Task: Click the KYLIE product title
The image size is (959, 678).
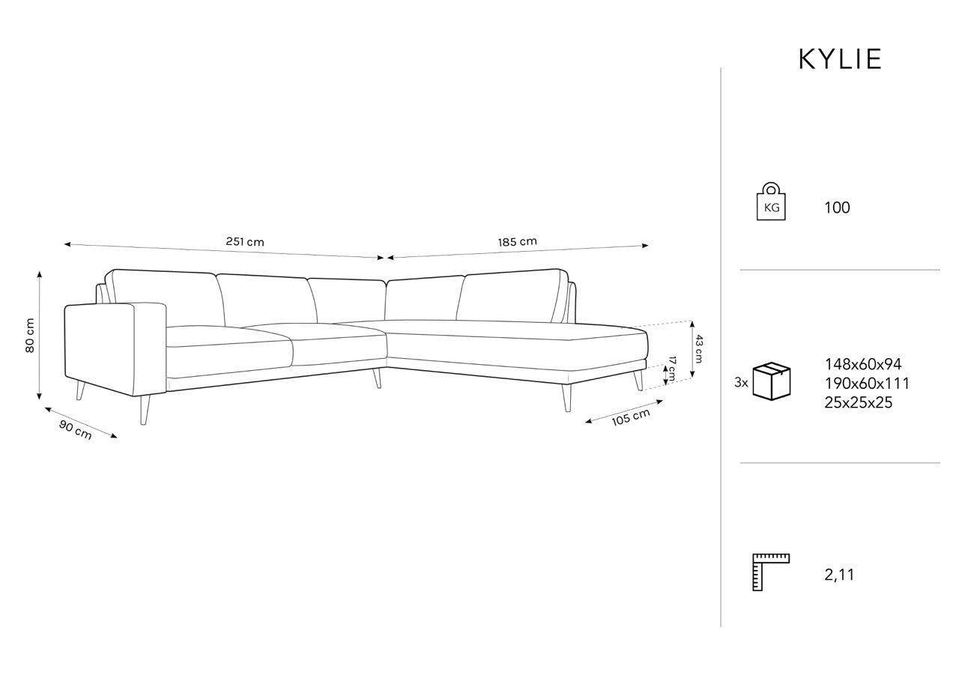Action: pyautogui.click(x=840, y=59)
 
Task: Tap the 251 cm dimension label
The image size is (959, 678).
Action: pyautogui.click(x=245, y=242)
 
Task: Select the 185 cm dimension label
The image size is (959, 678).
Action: pyautogui.click(x=517, y=242)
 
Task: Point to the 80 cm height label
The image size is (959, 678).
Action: pyautogui.click(x=29, y=335)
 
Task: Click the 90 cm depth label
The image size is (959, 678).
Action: pyautogui.click(x=76, y=430)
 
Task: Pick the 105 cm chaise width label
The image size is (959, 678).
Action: pyautogui.click(x=631, y=417)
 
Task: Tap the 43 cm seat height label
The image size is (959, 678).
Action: pyautogui.click(x=698, y=349)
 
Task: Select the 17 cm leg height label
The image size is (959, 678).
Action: pyautogui.click(x=672, y=369)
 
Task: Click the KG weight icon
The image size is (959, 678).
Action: pyautogui.click(x=771, y=202)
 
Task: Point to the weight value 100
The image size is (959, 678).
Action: pyautogui.click(x=837, y=208)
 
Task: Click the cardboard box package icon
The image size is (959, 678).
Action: pyautogui.click(x=772, y=381)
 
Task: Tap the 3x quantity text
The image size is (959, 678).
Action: pyautogui.click(x=741, y=382)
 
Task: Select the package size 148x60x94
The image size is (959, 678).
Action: pyautogui.click(x=863, y=364)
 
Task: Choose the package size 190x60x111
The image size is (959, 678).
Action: pyautogui.click(x=867, y=384)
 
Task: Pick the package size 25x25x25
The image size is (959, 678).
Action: pyautogui.click(x=859, y=403)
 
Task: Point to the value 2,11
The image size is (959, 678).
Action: pyautogui.click(x=839, y=575)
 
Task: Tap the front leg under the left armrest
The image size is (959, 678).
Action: pyautogui.click(x=145, y=410)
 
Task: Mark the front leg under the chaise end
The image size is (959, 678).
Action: pyautogui.click(x=567, y=398)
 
